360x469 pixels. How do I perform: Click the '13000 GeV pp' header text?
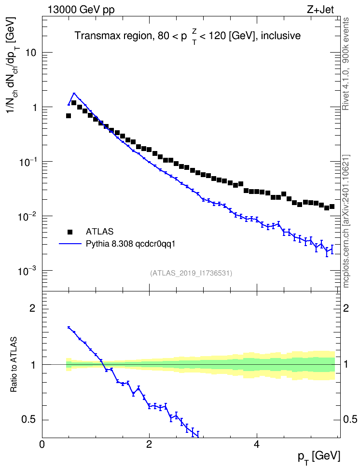[x=81, y=10]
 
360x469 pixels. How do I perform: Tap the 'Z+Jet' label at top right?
[x=320, y=10]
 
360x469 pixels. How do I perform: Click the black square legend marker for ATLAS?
[x=70, y=232]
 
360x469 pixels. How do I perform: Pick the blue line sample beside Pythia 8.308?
[x=70, y=244]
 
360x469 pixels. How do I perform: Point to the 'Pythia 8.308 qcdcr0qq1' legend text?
[x=130, y=244]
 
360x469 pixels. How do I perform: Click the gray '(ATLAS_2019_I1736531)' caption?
[x=191, y=273]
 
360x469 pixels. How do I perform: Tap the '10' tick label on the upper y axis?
[x=30, y=53]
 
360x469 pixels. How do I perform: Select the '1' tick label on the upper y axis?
[x=34, y=108]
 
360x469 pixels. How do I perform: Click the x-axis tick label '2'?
[x=149, y=444]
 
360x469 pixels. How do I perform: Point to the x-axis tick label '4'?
[x=256, y=444]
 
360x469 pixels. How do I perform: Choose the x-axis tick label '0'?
[x=42, y=444]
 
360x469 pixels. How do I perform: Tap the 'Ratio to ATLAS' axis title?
[x=14, y=365]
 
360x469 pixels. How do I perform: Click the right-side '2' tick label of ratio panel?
[x=346, y=308]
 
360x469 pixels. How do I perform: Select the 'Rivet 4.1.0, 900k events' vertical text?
[x=346, y=64]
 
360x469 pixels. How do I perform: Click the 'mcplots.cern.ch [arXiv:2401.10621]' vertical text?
[x=346, y=221]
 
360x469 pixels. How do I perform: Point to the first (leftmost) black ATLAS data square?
[x=69, y=116]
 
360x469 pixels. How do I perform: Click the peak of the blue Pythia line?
[x=74, y=93]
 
